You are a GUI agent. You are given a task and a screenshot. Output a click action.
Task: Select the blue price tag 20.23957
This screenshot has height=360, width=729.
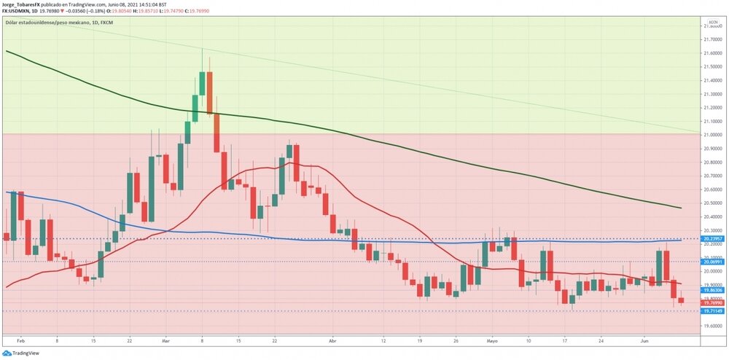[712, 238]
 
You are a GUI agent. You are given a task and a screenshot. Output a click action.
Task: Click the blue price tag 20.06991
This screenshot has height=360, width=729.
[712, 262]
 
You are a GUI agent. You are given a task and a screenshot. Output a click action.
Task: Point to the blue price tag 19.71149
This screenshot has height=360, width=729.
[712, 311]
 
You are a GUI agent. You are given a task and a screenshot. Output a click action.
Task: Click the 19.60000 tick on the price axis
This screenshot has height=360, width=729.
[712, 326]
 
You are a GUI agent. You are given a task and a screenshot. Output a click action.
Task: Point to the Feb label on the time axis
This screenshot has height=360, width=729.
[20, 340]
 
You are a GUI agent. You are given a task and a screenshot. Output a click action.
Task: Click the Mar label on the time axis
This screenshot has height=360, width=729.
[165, 340]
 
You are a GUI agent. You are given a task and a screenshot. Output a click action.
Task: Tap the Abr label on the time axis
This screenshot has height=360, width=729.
[333, 340]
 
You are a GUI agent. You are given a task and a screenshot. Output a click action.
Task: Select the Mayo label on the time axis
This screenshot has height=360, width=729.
[492, 340]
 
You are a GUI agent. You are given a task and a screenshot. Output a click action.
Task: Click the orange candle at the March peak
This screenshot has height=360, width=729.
[209, 93]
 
